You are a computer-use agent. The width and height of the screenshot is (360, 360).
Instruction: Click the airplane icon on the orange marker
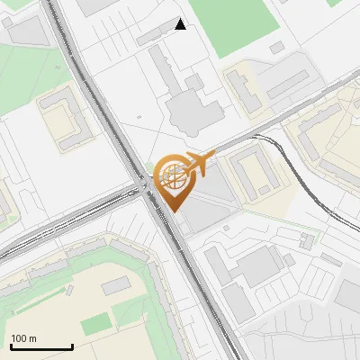(197, 165)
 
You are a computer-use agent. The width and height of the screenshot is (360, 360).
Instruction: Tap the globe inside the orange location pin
(170, 175)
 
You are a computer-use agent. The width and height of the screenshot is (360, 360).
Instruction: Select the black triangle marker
(181, 24)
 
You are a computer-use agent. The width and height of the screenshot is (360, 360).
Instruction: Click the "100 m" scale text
(23, 338)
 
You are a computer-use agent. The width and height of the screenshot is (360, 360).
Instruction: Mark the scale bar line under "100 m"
(40, 346)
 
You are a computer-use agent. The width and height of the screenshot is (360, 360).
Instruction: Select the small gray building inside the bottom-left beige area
(116, 287)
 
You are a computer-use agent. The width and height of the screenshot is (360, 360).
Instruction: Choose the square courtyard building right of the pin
(253, 172)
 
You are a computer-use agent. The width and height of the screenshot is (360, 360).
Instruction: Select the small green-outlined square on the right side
(311, 240)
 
